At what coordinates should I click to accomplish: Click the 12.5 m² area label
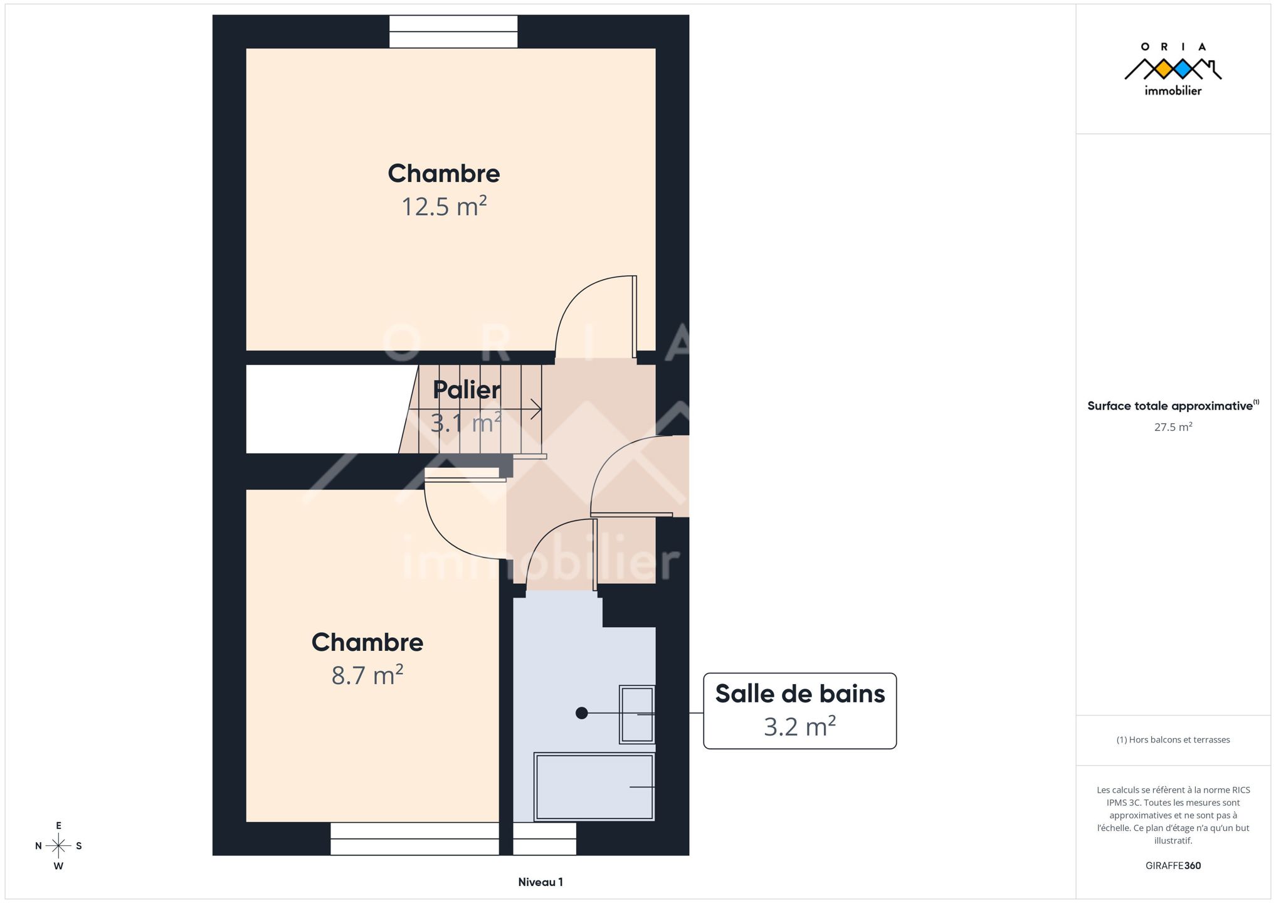coord(444,206)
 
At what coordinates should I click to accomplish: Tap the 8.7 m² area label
coord(367,675)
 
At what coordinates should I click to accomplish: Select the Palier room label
coord(467,390)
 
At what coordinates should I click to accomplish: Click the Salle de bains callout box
coord(799,711)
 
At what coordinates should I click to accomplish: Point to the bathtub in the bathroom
coord(594,787)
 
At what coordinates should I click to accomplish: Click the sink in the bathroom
coord(637,714)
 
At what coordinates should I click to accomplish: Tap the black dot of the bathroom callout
coord(582,713)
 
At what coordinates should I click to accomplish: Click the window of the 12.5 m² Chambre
coord(453,31)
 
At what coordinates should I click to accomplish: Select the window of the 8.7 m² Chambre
coord(414,838)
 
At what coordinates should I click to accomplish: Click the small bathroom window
coord(544,838)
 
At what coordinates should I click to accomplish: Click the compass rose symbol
coord(58,846)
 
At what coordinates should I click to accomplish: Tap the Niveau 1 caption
coord(540,882)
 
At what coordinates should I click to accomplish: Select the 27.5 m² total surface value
coord(1173,427)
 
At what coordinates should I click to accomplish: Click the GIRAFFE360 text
coord(1173,865)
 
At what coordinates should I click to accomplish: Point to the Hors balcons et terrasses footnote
coord(1173,740)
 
